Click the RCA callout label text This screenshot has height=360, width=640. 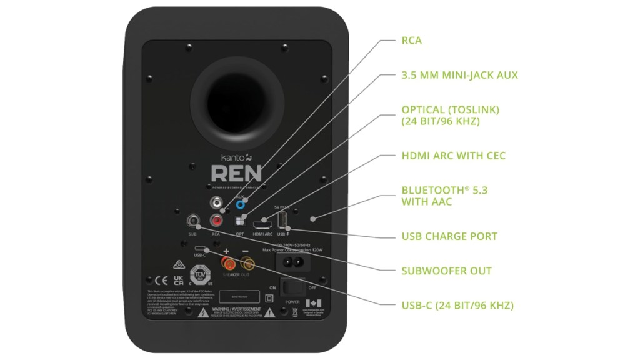pos(411,41)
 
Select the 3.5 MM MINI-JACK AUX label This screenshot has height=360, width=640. pos(459,76)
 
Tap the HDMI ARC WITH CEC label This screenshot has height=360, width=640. pos(453,156)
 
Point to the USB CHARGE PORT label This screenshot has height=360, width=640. pos(449,236)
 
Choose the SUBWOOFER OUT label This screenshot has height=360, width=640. pos(446,271)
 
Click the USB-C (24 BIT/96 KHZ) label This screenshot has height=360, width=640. pos(457,306)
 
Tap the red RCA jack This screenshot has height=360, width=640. pos(217,220)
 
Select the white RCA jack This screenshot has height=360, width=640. pos(217,203)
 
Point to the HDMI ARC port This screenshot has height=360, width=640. pos(263,221)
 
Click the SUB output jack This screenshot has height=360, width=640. pos(193,221)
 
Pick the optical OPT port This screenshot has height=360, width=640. pos(239,221)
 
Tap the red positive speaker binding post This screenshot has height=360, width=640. pos(226,256)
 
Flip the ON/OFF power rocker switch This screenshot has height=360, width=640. pos(292,287)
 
